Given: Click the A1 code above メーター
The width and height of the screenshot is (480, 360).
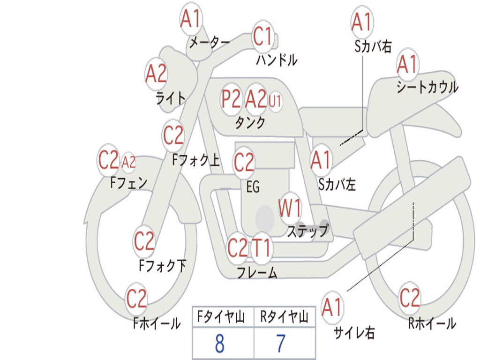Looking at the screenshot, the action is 190,19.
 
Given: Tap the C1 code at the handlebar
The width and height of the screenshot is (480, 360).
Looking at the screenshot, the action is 262,36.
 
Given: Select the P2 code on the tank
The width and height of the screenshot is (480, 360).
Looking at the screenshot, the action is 231,99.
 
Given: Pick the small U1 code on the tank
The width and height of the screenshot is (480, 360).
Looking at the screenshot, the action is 275,101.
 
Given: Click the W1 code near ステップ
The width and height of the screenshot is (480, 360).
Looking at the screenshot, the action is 290,208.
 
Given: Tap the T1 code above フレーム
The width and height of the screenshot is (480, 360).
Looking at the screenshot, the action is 261,247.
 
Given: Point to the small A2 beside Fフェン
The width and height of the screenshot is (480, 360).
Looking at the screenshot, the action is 128,162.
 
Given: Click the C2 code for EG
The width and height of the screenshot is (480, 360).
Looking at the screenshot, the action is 244,162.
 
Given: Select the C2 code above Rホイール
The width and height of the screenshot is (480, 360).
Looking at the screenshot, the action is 409,298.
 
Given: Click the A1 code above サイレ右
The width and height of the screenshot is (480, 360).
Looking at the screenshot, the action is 331,307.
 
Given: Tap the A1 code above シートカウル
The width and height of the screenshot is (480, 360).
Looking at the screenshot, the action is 407,64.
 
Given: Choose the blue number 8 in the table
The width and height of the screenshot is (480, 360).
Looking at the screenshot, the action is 220,344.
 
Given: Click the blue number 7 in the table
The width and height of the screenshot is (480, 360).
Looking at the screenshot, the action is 281,344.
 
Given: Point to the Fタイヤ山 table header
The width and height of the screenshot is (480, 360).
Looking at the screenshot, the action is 221,317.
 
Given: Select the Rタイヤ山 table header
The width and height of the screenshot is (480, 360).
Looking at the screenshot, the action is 285,317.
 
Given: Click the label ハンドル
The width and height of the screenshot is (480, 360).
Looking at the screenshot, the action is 277,60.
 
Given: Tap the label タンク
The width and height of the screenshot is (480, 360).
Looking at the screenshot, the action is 250,122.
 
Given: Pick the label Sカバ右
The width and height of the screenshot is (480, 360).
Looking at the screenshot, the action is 373,46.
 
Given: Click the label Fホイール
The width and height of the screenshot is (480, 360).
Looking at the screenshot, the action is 157,323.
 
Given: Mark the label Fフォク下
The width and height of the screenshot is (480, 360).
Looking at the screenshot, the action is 163,265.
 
